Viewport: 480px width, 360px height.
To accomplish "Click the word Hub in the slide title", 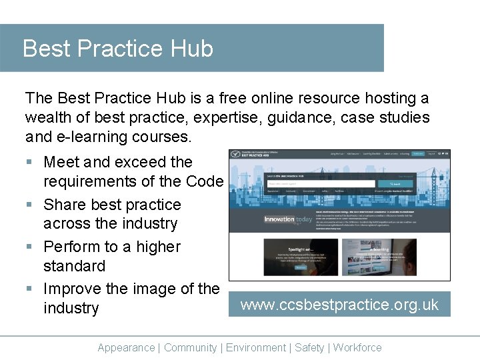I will [x=192, y=49].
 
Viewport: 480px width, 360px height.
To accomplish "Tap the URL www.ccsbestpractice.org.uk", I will [x=339, y=305].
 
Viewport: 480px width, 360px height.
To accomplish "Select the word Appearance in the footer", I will [x=126, y=347].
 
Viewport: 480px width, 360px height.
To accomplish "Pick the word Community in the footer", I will [x=190, y=347].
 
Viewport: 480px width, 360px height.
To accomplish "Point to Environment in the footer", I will [x=256, y=347].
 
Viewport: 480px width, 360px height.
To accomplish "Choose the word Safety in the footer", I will [x=309, y=347].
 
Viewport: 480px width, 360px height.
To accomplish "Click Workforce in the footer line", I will [x=357, y=347].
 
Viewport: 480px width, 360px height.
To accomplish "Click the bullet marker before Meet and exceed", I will [x=29, y=163].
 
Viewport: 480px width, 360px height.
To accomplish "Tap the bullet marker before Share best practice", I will [x=29, y=205].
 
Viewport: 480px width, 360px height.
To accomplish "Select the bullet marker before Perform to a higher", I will [x=29, y=247].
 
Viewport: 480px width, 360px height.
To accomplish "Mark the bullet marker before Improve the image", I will [x=29, y=289].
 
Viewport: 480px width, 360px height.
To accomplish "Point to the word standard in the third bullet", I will [x=74, y=266].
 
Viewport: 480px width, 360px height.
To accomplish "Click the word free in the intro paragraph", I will [x=233, y=99].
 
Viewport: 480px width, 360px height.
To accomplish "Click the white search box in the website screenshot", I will [x=321, y=183].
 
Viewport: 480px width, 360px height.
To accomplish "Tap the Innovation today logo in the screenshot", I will [x=287, y=219].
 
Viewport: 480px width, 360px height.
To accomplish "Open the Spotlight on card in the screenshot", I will [x=283, y=257].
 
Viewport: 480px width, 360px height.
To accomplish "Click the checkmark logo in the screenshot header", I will [x=236, y=154].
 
